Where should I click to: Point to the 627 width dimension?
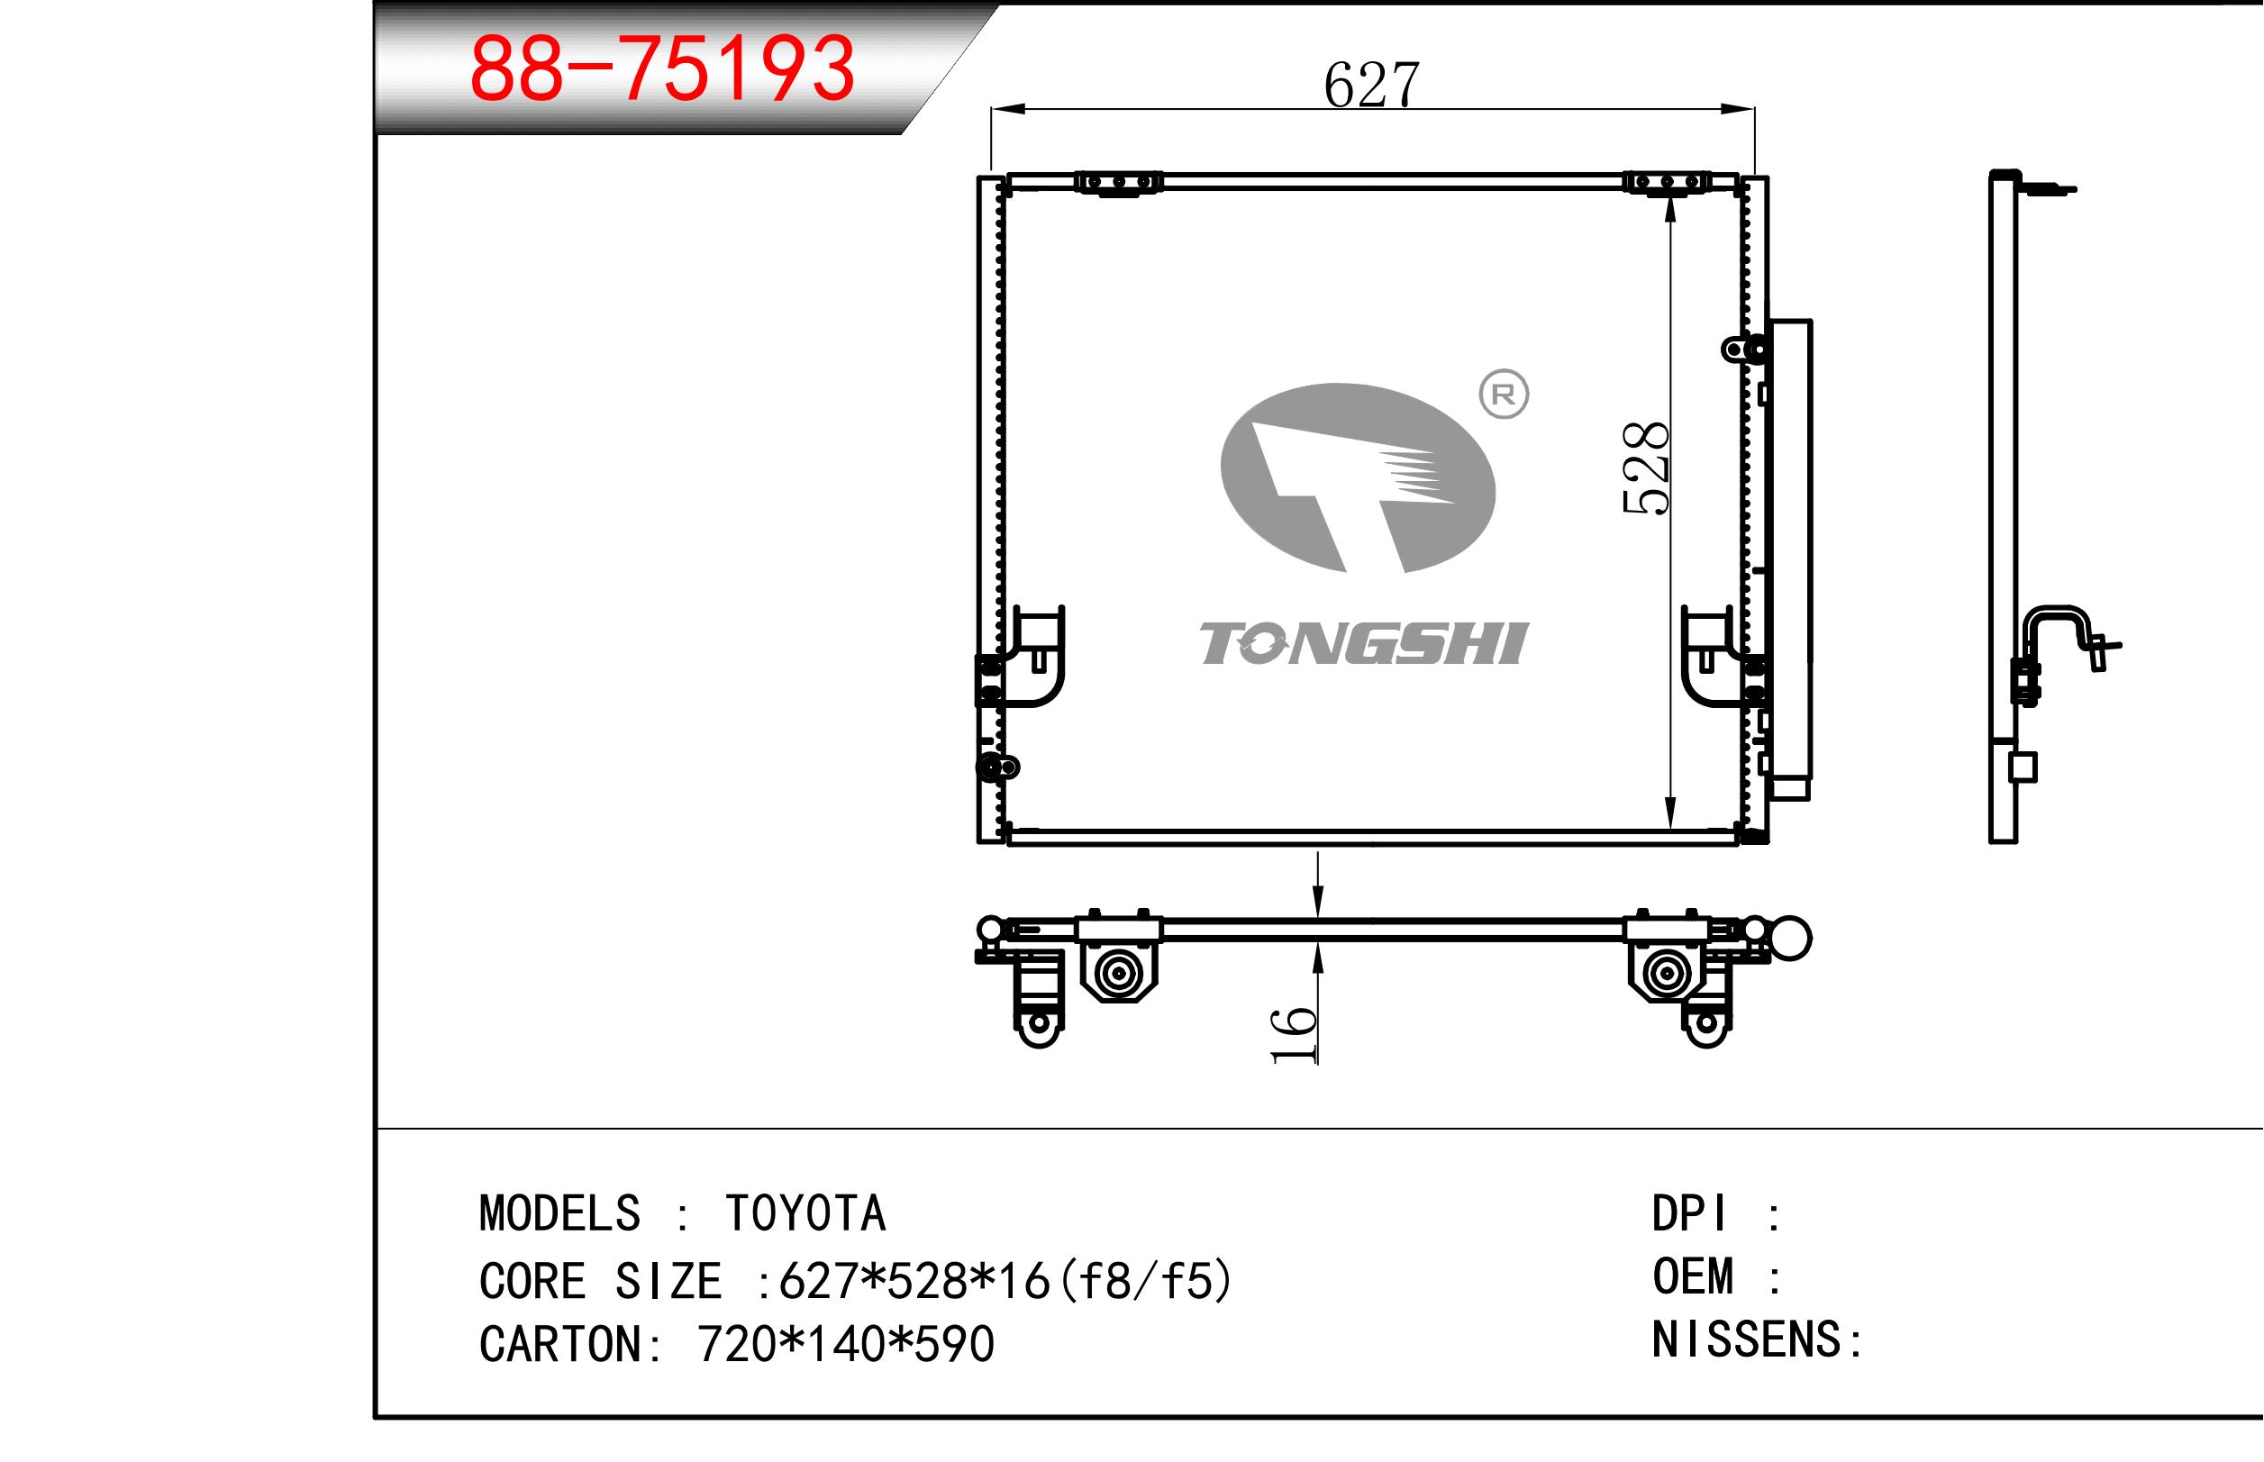1372,84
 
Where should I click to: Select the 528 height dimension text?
1645,468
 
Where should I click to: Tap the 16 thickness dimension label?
1294,1036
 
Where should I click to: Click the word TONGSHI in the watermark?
1364,644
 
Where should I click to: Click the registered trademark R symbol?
1504,394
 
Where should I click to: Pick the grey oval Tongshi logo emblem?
1358,477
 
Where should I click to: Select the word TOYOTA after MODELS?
805,1213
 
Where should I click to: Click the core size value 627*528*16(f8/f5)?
1005,1281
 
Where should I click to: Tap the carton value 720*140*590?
846,1344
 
